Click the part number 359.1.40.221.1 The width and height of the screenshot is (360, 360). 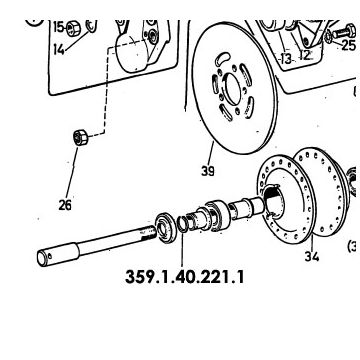pos(184,277)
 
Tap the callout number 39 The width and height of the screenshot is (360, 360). pos(208,171)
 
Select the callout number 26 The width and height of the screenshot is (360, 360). pos(65,205)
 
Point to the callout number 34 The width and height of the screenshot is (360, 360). pos(312,256)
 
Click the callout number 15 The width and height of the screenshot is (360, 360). pos(59,27)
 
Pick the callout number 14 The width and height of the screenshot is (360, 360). pos(59,50)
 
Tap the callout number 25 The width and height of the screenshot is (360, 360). pos(349,45)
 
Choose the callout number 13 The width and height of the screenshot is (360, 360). pos(286,59)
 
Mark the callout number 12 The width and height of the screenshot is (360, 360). pos(305,55)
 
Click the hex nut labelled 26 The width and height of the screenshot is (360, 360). pos(81,137)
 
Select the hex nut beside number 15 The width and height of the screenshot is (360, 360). pos(73,29)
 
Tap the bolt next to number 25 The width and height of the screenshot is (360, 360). pos(344,32)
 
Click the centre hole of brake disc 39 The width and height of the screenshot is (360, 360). pos(233,89)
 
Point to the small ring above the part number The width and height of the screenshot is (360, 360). pos(182,224)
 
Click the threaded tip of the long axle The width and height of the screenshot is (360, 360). pos(150,232)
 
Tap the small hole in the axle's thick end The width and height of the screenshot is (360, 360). pos(50,256)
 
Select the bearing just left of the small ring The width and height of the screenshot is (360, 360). pos(166,228)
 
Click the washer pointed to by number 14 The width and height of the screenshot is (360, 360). pos(91,26)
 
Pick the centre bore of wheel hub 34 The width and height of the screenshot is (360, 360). pos(275,203)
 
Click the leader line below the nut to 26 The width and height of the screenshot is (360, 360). pos(72,173)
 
